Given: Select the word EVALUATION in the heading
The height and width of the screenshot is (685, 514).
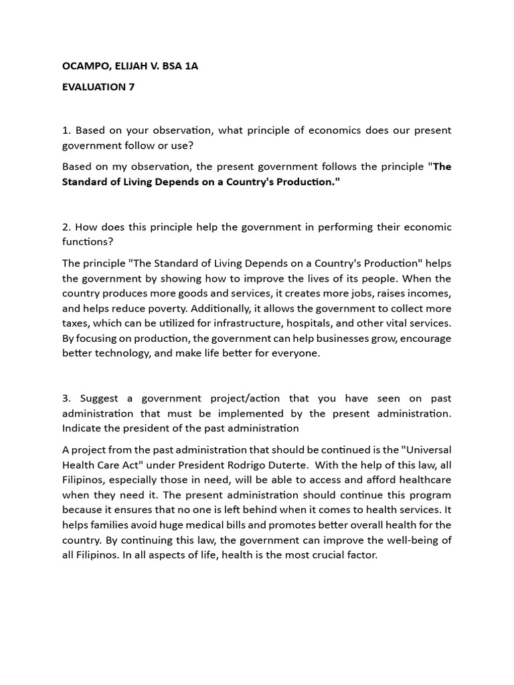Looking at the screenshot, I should click(x=90, y=87).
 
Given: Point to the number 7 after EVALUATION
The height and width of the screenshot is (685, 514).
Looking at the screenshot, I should click(x=131, y=87).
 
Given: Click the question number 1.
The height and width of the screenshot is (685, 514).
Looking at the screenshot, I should click(x=66, y=130).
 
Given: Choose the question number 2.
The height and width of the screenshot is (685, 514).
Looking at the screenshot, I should click(x=66, y=227).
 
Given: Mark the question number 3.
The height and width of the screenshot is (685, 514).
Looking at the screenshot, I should click(x=66, y=399).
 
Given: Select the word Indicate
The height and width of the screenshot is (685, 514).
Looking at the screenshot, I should click(x=84, y=427).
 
